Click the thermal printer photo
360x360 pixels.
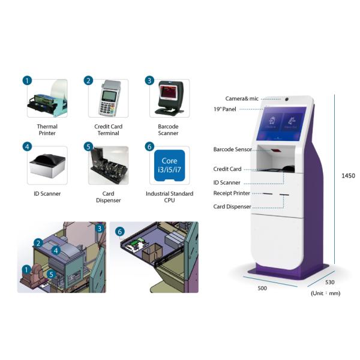pyautogui.click(x=48, y=99)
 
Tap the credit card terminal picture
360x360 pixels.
pyautogui.click(x=107, y=99)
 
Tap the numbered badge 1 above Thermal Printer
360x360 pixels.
pyautogui.click(x=26, y=80)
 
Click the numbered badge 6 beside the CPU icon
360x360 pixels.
pyautogui.click(x=149, y=146)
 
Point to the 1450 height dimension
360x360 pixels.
pyautogui.click(x=348, y=176)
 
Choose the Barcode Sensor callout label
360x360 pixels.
pyautogui.click(x=233, y=149)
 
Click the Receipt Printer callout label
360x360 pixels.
pyautogui.click(x=232, y=193)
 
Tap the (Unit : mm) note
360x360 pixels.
pyautogui.click(x=326, y=293)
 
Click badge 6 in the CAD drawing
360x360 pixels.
pyautogui.click(x=119, y=231)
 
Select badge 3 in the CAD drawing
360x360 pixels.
pyautogui.click(x=99, y=228)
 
